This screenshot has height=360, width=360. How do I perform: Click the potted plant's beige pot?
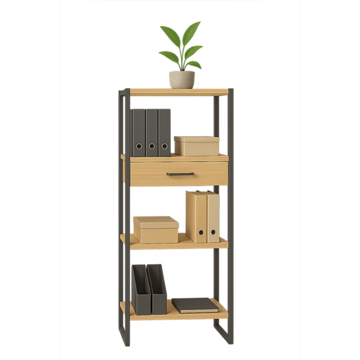pos(181,79)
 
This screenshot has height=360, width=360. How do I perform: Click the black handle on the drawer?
pos(180,174)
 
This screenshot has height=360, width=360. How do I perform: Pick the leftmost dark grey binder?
pos(139,132)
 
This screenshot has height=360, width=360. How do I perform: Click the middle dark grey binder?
pos(152,132)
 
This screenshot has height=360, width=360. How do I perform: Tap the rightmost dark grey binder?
pos(164,132)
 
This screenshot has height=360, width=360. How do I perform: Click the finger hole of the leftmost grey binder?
pos(139,146)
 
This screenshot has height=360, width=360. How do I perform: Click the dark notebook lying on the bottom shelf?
pos(194,305)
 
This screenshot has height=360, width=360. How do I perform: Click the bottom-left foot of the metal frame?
pos(126,342)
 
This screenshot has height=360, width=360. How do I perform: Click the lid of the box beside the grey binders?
pos(196,139)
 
